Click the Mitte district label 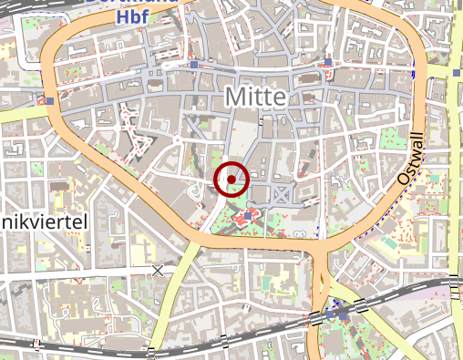pyautogui.click(x=255, y=97)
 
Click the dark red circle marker pyautogui.click(x=232, y=179)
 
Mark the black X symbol pyautogui.click(x=158, y=270)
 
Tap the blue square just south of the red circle pyautogui.click(x=247, y=217)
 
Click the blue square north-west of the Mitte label pyautogui.click(x=194, y=66)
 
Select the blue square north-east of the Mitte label pyautogui.click(x=328, y=62)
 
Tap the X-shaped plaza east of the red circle pyautogui.click(x=283, y=192)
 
